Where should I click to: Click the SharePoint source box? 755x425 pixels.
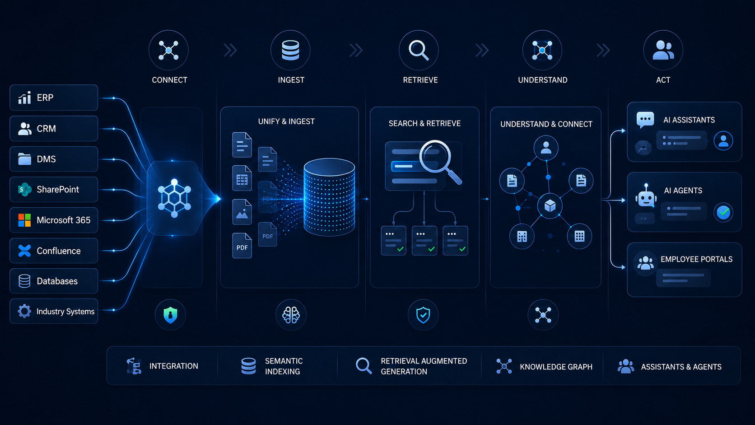54,189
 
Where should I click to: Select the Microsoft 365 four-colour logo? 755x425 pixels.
24,220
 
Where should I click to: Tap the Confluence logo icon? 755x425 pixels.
24,251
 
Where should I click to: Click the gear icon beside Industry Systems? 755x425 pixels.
24,311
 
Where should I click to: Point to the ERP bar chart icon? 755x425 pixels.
24,98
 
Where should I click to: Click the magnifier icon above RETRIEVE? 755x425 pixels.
419,50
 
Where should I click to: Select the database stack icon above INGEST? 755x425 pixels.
290,50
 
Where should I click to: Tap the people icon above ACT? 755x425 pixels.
663,50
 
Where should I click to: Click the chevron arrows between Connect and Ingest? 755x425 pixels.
230,51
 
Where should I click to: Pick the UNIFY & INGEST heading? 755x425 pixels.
286,121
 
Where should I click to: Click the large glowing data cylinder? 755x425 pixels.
329,197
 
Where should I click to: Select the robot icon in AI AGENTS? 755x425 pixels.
646,196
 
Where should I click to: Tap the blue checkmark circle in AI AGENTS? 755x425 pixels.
723,212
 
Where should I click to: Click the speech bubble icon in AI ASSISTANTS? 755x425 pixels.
645,120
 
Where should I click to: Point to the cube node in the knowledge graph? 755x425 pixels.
550,205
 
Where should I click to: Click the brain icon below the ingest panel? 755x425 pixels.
291,315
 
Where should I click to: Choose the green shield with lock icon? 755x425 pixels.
170,315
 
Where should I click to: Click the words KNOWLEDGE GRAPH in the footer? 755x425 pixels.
556,367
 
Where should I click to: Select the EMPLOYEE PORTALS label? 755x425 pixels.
696,259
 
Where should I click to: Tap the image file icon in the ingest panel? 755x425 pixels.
242,212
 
